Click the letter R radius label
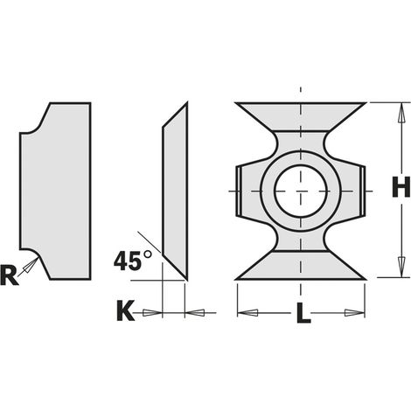click(10, 275)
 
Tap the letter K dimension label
click(126, 310)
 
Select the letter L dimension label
click(303, 313)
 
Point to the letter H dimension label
click(401, 188)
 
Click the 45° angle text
click(133, 261)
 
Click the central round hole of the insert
click(301, 191)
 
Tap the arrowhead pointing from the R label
click(31, 265)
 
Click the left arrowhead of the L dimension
click(247, 313)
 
